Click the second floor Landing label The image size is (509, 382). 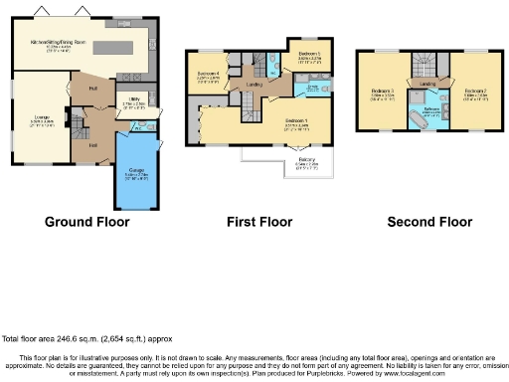tap(428, 86)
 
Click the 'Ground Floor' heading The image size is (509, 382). tap(87, 222)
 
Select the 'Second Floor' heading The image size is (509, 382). tap(428, 222)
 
